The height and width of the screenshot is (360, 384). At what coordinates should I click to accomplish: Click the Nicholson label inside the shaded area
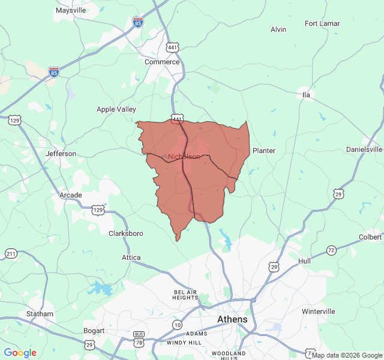[184, 157]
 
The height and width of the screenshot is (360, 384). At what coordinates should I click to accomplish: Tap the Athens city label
[232, 319]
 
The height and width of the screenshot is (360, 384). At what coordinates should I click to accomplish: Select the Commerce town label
[162, 62]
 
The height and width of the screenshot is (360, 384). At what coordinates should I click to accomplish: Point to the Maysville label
[71, 10]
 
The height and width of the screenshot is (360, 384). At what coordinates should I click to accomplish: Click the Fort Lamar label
[323, 23]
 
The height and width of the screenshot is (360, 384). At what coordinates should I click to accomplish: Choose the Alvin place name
[278, 29]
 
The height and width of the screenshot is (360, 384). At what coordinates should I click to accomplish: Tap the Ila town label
[306, 95]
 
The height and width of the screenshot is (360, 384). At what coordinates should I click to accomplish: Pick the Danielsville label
[364, 149]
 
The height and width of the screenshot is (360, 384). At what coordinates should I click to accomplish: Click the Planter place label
[264, 151]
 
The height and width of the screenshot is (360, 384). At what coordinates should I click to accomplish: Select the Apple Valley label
[116, 109]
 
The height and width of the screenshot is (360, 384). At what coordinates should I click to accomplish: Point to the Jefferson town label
[61, 154]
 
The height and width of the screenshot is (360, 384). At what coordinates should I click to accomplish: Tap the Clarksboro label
[125, 233]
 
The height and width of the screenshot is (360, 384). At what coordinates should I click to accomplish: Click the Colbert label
[370, 236]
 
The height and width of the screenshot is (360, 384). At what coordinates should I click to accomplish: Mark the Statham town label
[40, 314]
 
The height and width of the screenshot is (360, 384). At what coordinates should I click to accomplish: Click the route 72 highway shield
[331, 250]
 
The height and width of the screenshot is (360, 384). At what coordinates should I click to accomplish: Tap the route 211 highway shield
[11, 254]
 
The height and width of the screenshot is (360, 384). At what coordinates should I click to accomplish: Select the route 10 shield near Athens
[177, 325]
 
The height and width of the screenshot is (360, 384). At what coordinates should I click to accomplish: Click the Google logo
[20, 353]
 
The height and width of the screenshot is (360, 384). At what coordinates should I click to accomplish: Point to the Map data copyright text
[347, 355]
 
